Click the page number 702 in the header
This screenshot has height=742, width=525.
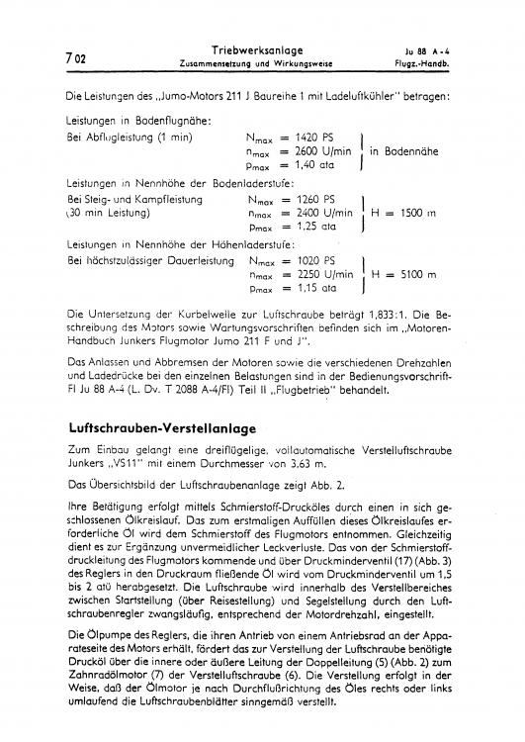tap(74, 57)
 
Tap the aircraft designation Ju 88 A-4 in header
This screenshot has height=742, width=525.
tap(428, 50)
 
